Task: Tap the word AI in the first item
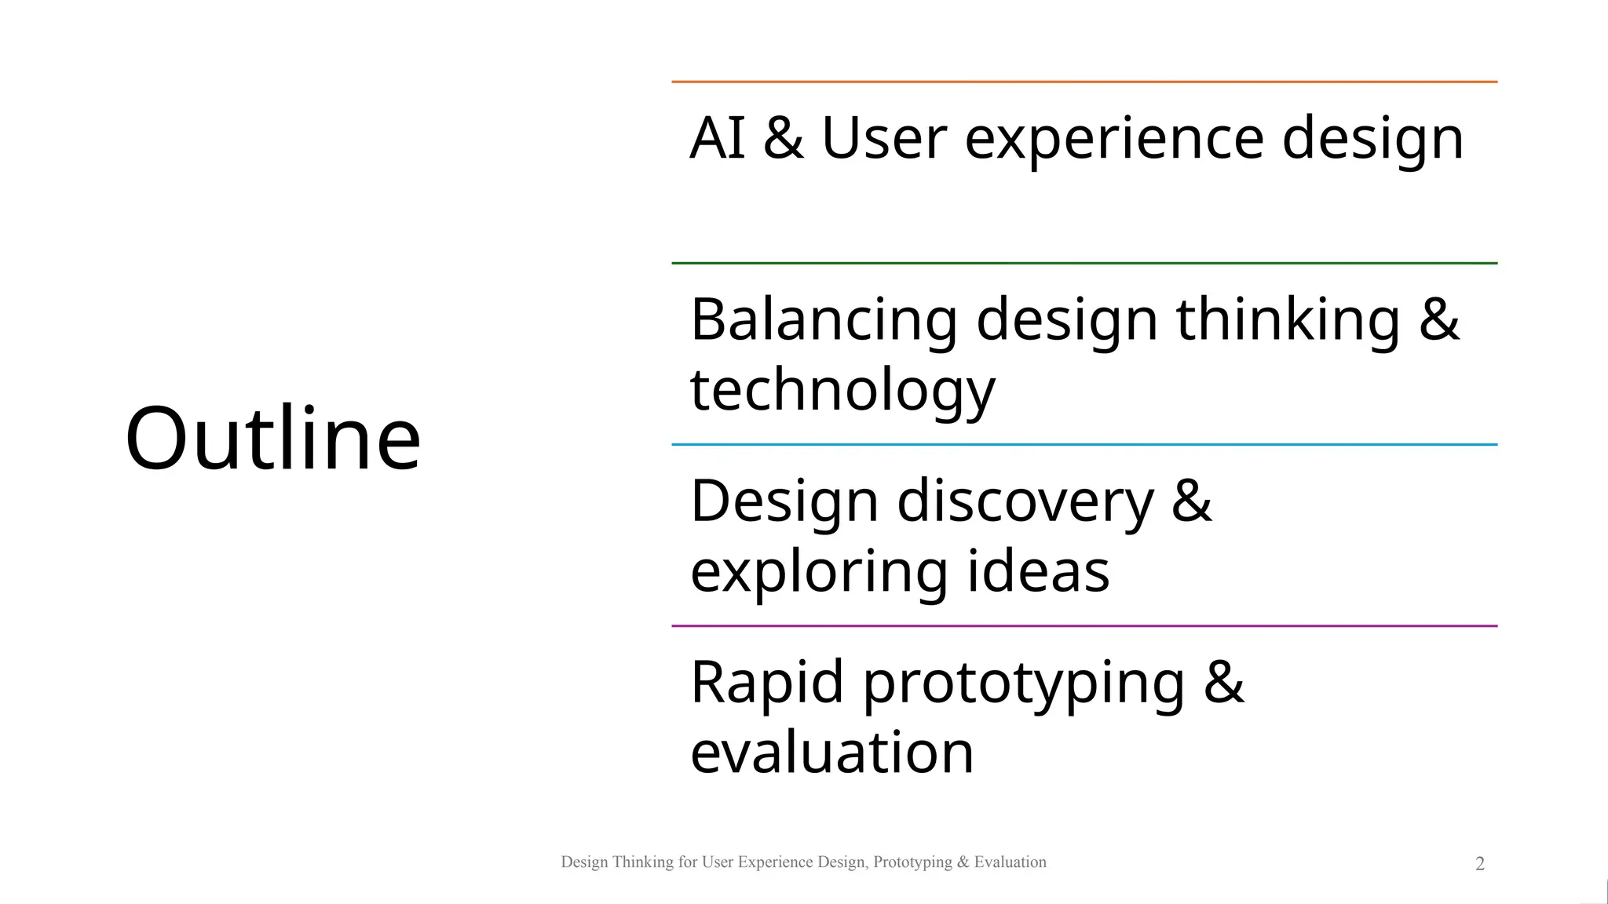coord(716,139)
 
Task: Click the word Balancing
coord(823,321)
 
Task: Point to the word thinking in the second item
coord(1288,321)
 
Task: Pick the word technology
coord(842,391)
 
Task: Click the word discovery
coord(1025,502)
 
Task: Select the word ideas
coord(1038,571)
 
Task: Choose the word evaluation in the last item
coord(831,753)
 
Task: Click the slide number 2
coord(1480,864)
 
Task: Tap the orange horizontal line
coord(1084,82)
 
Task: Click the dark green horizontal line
coord(1084,263)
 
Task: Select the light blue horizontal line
coord(1084,444)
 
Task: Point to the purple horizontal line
coord(1084,625)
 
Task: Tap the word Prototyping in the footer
coord(912,862)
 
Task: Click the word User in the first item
coord(884,139)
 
